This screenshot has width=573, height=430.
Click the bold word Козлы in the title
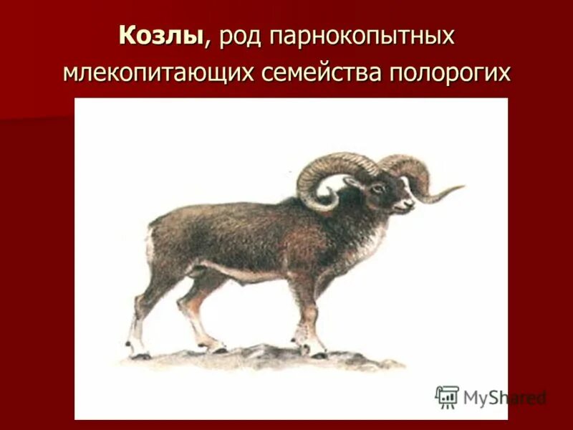coord(162,36)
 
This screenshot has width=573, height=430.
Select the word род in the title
coord(241,37)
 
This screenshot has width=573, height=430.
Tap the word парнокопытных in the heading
coord(362,37)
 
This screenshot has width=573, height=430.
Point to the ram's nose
coord(412,204)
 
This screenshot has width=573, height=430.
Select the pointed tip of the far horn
coord(461,188)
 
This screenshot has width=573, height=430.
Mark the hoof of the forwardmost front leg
coord(314,350)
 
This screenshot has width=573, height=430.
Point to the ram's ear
coord(354,185)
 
